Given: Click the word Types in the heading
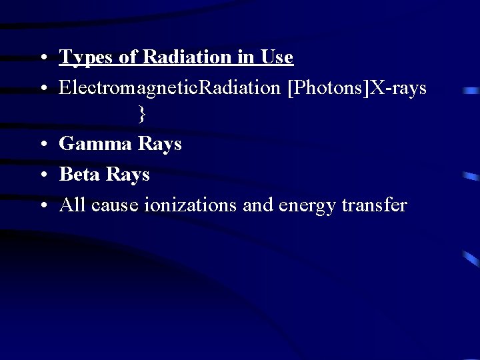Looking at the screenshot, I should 87,58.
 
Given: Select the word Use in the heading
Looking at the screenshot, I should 277,58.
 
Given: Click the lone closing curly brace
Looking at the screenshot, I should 141,115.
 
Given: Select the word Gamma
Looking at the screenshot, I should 95,144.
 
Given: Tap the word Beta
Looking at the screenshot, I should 80,175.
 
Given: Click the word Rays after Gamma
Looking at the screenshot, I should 159,144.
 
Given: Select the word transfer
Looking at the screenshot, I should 374,205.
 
